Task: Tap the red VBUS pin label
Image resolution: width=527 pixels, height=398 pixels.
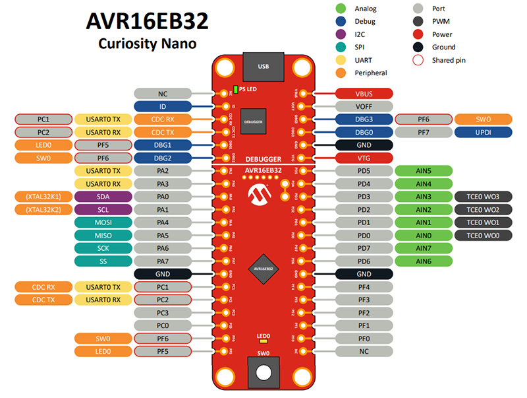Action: (364, 94)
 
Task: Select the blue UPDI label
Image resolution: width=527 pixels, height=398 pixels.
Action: (482, 132)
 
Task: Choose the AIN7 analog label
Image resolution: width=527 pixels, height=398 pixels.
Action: (424, 248)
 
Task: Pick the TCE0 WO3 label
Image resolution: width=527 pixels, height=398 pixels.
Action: (482, 197)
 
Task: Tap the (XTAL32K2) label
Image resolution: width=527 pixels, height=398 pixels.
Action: (43, 209)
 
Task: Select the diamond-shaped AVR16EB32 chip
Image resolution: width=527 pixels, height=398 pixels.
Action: (263, 269)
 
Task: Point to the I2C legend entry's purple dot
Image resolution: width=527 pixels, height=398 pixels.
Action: (341, 34)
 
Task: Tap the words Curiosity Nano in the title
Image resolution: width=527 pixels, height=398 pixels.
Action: (148, 44)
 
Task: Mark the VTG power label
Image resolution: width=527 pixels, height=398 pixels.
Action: (364, 158)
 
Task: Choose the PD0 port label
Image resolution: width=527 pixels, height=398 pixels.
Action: (364, 235)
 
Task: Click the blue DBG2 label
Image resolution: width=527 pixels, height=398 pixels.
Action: (162, 158)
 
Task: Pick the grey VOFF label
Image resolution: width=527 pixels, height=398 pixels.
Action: (364, 106)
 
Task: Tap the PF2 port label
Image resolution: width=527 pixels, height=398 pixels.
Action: (364, 312)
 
